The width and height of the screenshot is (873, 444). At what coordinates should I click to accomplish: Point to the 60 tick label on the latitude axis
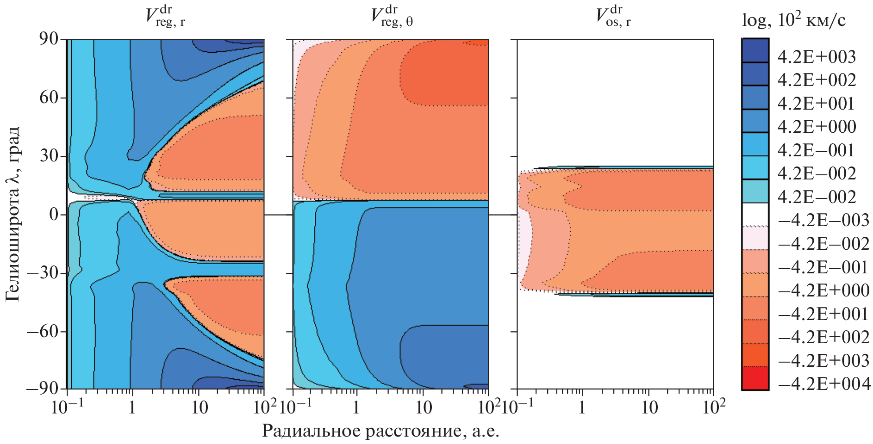[x=49, y=98]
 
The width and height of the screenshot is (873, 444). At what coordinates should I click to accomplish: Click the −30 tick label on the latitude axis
[x=43, y=273]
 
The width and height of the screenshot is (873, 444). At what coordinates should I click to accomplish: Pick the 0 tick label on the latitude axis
[x=54, y=215]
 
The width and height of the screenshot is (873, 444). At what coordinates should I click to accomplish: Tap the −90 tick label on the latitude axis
[x=43, y=388]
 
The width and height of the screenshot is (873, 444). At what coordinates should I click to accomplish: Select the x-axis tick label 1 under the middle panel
[x=356, y=408]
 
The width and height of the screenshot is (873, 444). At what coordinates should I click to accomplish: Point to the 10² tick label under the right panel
[x=713, y=407]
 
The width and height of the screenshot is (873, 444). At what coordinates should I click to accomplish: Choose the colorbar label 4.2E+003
[x=817, y=57]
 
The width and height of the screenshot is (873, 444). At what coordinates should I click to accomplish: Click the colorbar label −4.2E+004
[x=824, y=384]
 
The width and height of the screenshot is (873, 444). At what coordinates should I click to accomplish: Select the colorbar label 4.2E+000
[x=817, y=127]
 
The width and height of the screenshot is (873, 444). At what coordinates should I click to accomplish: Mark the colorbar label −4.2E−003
[x=824, y=220]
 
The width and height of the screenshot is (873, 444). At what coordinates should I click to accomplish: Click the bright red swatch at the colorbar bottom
[x=755, y=378]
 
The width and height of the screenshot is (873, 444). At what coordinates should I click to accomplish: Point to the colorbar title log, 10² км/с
[x=793, y=20]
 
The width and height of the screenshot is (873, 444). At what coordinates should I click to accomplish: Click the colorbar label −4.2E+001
[x=824, y=314]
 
